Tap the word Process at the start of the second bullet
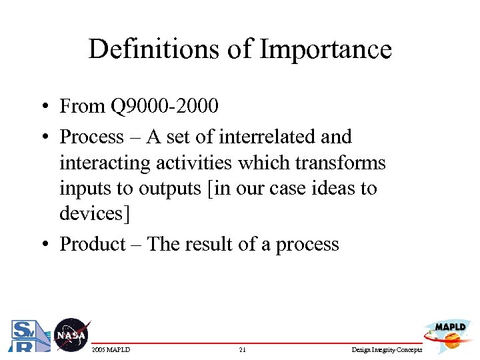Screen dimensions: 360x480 (92, 137)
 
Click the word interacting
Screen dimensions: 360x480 (101, 163)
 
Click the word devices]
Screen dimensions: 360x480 (93, 213)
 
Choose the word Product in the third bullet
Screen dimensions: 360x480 (93, 244)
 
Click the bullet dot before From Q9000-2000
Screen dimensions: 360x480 (43, 107)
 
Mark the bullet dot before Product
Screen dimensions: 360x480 (43, 245)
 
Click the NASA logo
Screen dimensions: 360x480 (70, 335)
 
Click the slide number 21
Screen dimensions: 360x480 (242, 350)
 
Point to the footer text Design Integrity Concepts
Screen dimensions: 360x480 (387, 350)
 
